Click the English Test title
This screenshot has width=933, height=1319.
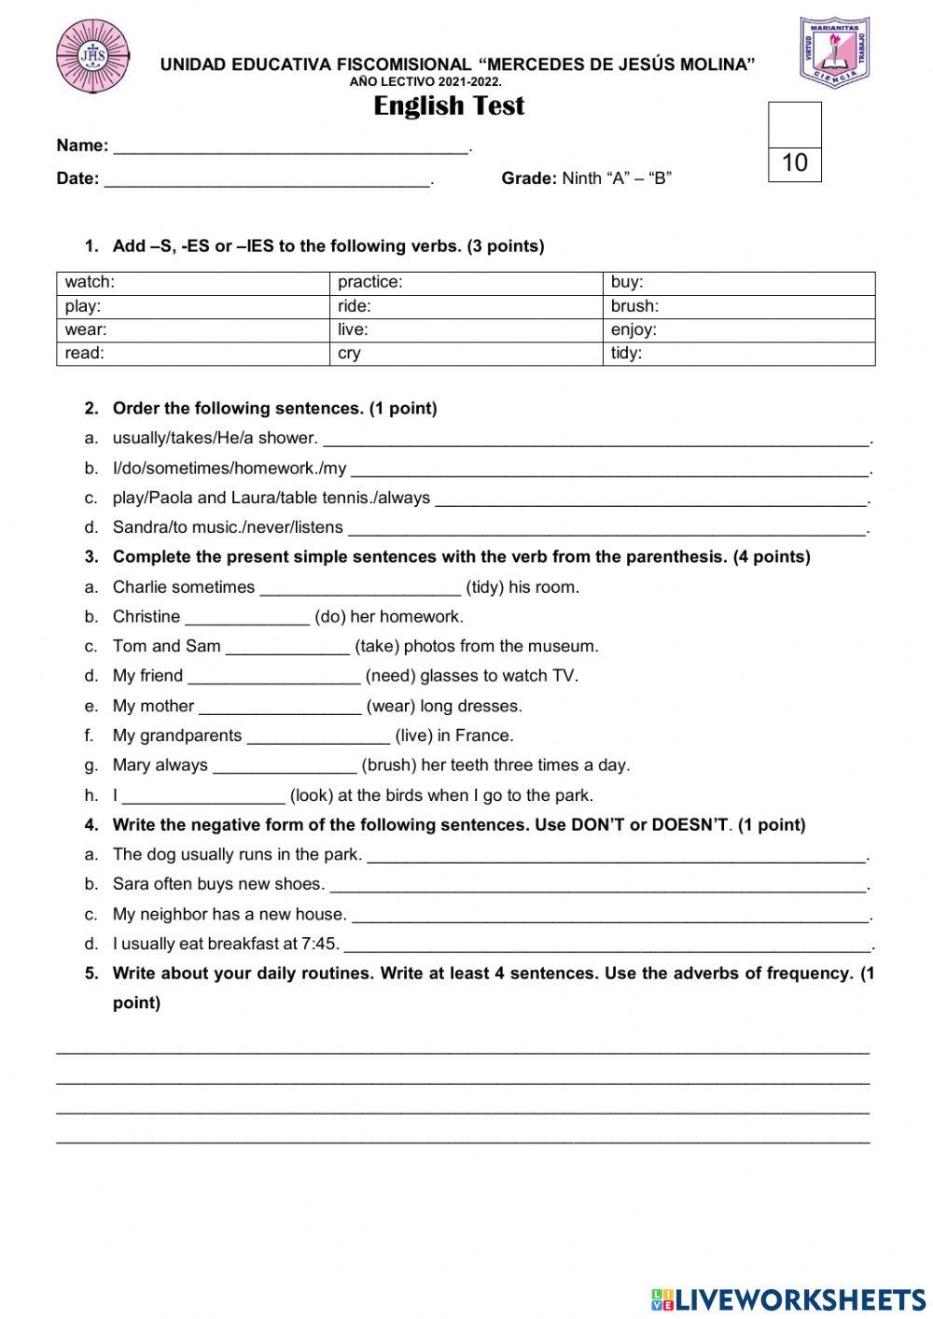click(x=449, y=106)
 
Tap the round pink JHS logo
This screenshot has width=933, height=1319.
click(x=92, y=57)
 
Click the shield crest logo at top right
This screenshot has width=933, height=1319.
click(x=834, y=53)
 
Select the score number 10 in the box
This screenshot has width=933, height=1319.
click(x=795, y=163)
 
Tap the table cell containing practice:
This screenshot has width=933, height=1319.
click(x=466, y=283)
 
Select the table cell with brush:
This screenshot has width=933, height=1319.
click(x=739, y=306)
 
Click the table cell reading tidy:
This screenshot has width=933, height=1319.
click(x=739, y=354)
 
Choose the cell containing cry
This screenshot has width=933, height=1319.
click(x=466, y=354)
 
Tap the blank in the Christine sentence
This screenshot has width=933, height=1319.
click(x=247, y=619)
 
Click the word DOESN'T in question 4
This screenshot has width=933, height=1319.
click(x=689, y=825)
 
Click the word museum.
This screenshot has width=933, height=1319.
click(x=564, y=646)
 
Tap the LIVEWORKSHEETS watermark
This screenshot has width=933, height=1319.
click(x=788, y=1298)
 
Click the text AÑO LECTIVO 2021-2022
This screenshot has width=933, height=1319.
click(x=425, y=82)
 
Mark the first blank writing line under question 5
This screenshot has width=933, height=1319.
click(x=463, y=1052)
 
